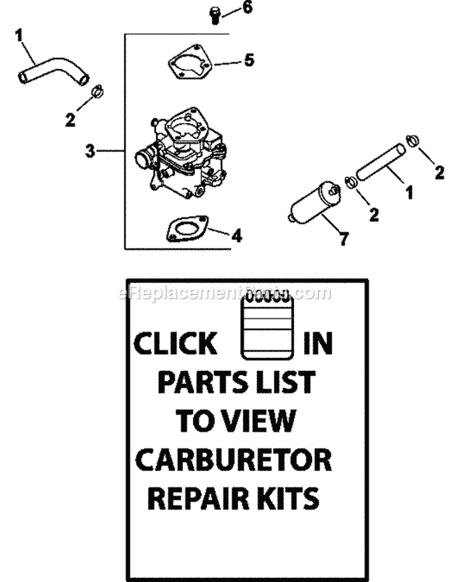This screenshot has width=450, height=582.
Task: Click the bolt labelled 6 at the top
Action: click(x=215, y=14)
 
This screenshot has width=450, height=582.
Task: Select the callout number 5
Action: click(x=248, y=60)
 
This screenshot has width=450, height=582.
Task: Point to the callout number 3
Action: click(x=90, y=151)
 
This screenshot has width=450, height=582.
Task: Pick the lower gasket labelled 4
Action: click(x=187, y=228)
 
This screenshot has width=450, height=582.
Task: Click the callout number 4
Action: click(x=236, y=236)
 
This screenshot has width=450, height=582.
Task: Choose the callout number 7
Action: click(x=343, y=239)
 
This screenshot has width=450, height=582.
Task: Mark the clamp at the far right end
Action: click(x=412, y=140)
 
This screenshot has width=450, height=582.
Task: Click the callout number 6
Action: click(x=247, y=8)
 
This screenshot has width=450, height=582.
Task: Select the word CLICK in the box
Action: click(x=175, y=344)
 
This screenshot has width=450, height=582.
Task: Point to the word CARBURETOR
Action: click(x=233, y=460)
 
